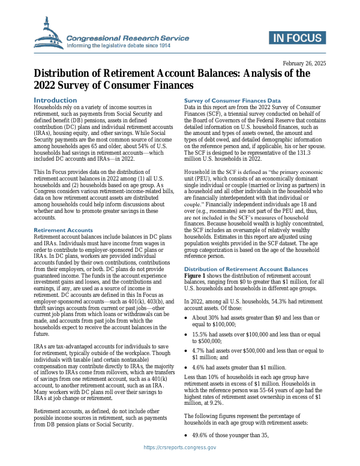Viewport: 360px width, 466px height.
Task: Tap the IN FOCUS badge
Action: (296, 38)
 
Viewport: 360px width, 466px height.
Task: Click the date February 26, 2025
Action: (304, 64)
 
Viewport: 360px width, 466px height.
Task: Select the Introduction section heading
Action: (55, 100)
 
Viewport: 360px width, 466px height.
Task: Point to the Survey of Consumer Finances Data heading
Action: (232, 101)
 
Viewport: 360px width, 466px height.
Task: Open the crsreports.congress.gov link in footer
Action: (180, 447)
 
